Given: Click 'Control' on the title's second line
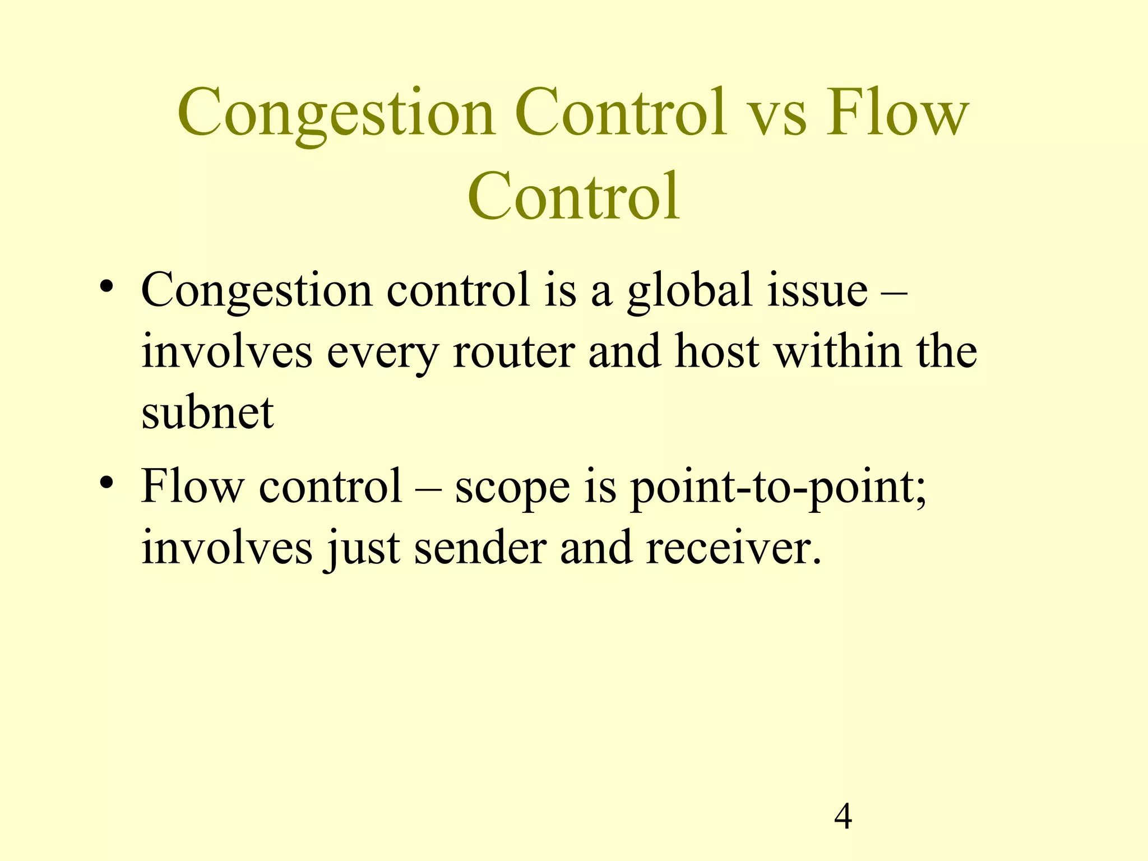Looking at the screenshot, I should (x=573, y=196).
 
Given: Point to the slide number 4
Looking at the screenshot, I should (x=843, y=817).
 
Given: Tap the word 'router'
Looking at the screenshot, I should (x=513, y=352).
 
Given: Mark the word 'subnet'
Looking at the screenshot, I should (x=207, y=413).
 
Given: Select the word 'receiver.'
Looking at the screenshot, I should (x=733, y=548).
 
